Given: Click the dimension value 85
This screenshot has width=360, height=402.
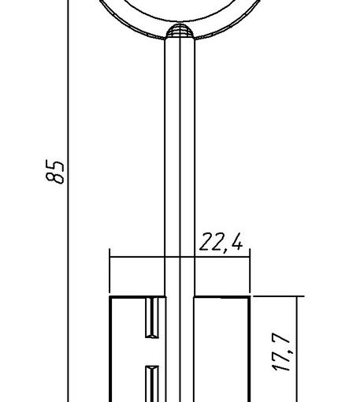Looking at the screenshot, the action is tap(55, 172).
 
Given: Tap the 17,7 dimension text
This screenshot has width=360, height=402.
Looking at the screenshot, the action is tap(282, 352).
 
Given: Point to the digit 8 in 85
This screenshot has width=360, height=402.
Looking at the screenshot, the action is tap(55, 178).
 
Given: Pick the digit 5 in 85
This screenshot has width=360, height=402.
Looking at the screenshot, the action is tap(55, 165).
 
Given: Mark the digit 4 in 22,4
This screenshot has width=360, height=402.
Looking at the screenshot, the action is tap(237, 241).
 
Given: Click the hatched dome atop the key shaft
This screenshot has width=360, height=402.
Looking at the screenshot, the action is tap(180, 31).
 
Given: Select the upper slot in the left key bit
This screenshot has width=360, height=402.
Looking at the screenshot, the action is tap(152, 318).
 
